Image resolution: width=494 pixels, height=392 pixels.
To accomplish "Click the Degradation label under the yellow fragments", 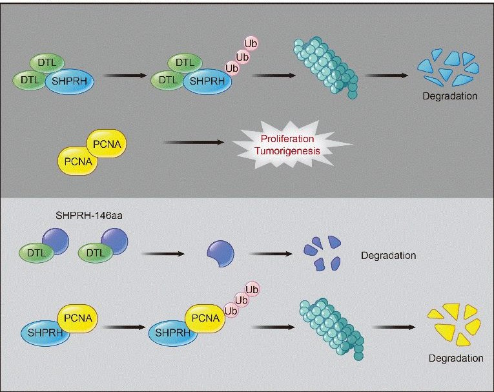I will click(455, 358).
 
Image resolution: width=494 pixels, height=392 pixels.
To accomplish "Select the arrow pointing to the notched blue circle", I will click(164, 253).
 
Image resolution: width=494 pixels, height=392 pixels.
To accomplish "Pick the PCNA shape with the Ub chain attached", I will click(205, 316).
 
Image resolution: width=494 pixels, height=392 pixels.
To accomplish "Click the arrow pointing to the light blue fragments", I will click(386, 76).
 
